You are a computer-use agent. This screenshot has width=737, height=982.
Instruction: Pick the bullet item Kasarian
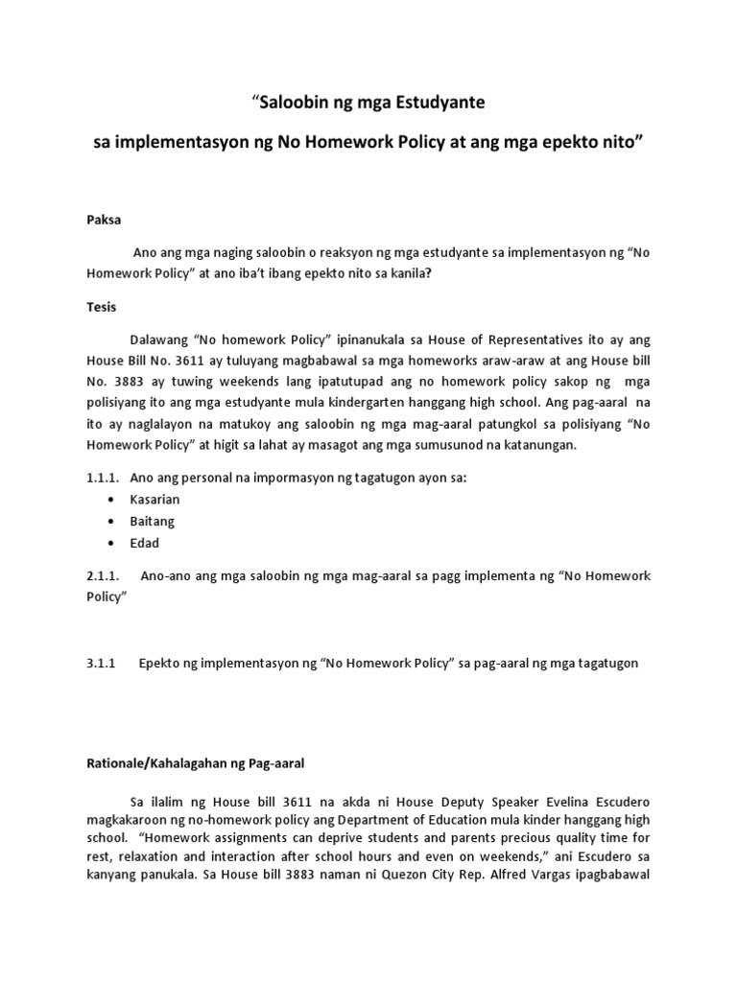point(155,500)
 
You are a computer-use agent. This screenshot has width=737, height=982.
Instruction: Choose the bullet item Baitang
point(152,521)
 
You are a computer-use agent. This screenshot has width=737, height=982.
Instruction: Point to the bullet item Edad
point(145,543)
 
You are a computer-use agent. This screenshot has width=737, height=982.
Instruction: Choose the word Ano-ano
point(170,575)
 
